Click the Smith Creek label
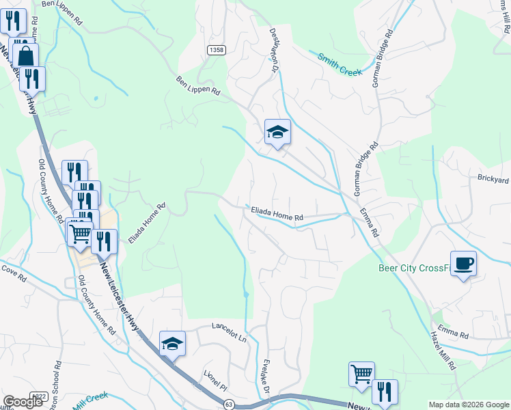pyautogui.click(x=340, y=63)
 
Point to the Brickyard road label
pyautogui.click(x=493, y=180)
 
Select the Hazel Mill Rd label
pyautogui.click(x=443, y=352)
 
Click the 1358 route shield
pyautogui.click(x=217, y=50)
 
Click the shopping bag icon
pyautogui.click(x=26, y=55)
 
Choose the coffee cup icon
pyautogui.click(x=463, y=264)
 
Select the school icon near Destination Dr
pyautogui.click(x=278, y=132)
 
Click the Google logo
pyautogui.click(x=23, y=402)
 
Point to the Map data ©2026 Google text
pyautogui.click(x=469, y=405)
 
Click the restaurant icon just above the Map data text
pyautogui.click(x=385, y=392)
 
